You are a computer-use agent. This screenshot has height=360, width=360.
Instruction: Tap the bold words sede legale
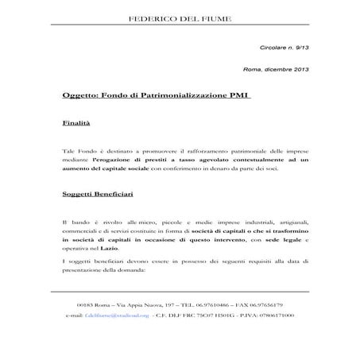(279, 240)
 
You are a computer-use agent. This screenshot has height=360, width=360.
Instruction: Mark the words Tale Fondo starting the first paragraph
(77, 149)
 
